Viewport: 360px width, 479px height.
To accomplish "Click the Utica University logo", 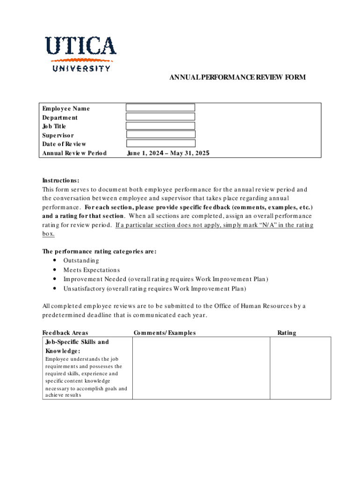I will click(80, 53).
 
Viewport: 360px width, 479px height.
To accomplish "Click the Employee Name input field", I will click(160, 108).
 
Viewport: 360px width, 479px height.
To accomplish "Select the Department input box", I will click(160, 117).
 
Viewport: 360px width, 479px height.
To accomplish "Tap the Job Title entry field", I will click(160, 126).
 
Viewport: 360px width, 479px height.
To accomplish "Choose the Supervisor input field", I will click(160, 135).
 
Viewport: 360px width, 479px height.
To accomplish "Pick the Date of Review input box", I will click(160, 144).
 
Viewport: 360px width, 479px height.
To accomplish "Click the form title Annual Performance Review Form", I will click(238, 77).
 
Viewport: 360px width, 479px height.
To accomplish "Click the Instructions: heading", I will click(61, 181).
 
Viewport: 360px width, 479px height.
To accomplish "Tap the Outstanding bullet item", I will click(81, 261).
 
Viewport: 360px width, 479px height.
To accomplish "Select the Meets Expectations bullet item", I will click(92, 270).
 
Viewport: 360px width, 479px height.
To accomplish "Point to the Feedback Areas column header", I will click(65, 333).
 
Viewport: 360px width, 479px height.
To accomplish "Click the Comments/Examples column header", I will click(165, 333).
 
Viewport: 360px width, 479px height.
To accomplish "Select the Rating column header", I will click(287, 333).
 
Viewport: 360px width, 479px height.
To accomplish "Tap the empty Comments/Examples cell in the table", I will click(201, 368).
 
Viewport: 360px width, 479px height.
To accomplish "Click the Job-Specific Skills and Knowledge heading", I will click(77, 346).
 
